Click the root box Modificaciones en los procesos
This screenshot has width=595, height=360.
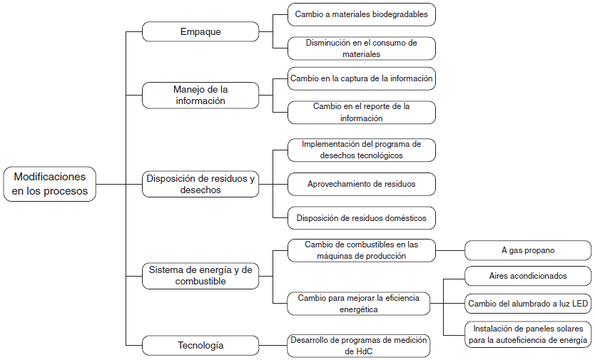[x=50, y=184]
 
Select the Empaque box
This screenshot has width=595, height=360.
[x=200, y=32]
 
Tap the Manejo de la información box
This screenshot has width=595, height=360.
[x=200, y=96]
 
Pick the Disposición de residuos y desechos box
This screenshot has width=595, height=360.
[x=200, y=184]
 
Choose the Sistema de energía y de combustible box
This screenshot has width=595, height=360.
[x=200, y=275]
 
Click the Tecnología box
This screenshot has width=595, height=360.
[x=200, y=346]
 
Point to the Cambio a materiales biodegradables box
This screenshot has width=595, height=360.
[x=361, y=14]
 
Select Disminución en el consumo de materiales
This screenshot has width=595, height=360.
[x=361, y=48]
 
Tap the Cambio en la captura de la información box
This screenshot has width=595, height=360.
[x=361, y=78]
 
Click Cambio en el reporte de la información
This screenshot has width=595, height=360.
[x=361, y=112]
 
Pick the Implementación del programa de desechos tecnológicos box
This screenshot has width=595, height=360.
[x=361, y=150]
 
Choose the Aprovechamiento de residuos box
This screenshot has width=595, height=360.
[x=361, y=184]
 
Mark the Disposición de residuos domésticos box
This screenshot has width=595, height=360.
[x=361, y=217]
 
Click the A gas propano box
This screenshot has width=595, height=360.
[x=528, y=250]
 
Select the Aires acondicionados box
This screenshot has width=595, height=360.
[x=528, y=275]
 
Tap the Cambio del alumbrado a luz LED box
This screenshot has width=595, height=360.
[x=528, y=304]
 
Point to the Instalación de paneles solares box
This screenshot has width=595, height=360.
[x=528, y=334]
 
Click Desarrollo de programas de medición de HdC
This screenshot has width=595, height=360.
[x=359, y=346]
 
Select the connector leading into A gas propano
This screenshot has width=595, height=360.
[x=449, y=250]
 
